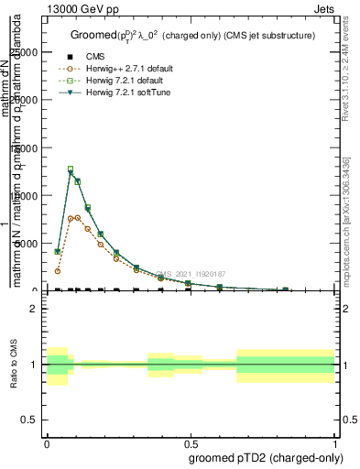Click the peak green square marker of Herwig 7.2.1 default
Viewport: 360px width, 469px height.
point(71,169)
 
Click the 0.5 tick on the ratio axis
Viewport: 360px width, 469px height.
point(30,420)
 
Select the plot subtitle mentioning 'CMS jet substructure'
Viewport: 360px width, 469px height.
point(193,36)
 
